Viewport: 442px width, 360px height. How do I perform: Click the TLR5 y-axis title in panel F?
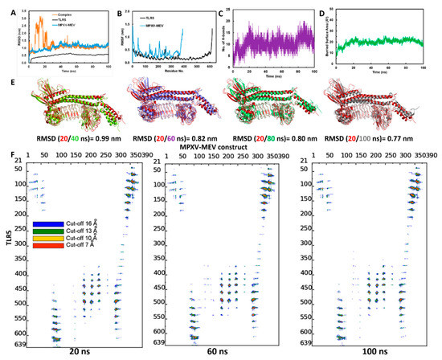coord(6,259)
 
